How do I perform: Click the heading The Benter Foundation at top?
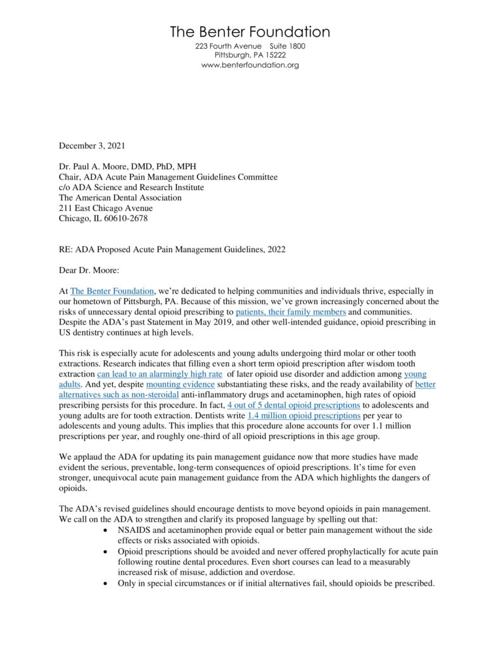250,32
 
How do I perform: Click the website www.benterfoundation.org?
250,65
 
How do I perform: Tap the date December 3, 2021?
92,146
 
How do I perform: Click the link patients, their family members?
291,312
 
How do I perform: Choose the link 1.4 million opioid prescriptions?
299,415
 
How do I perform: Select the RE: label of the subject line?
67,249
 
